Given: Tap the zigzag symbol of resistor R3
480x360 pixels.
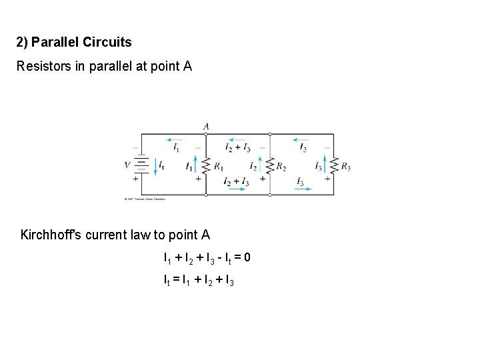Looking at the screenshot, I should click(x=334, y=165).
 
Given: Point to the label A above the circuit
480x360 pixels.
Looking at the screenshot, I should click(x=206, y=126).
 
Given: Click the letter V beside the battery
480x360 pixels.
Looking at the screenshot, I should click(x=127, y=164).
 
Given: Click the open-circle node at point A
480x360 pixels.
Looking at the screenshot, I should click(x=206, y=134).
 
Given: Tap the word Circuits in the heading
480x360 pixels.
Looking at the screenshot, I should click(x=109, y=43).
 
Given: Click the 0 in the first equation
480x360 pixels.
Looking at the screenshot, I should click(x=247, y=257).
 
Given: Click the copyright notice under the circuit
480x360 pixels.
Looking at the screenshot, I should click(x=145, y=199).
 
